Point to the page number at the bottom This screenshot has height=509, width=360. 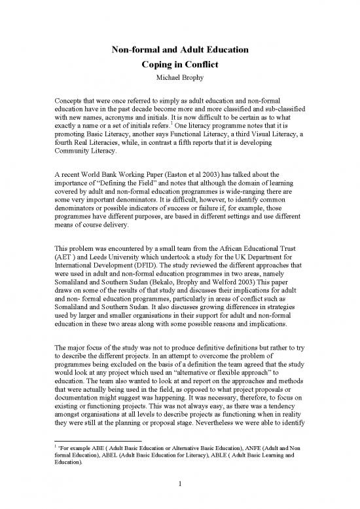[x=180, y=485]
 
